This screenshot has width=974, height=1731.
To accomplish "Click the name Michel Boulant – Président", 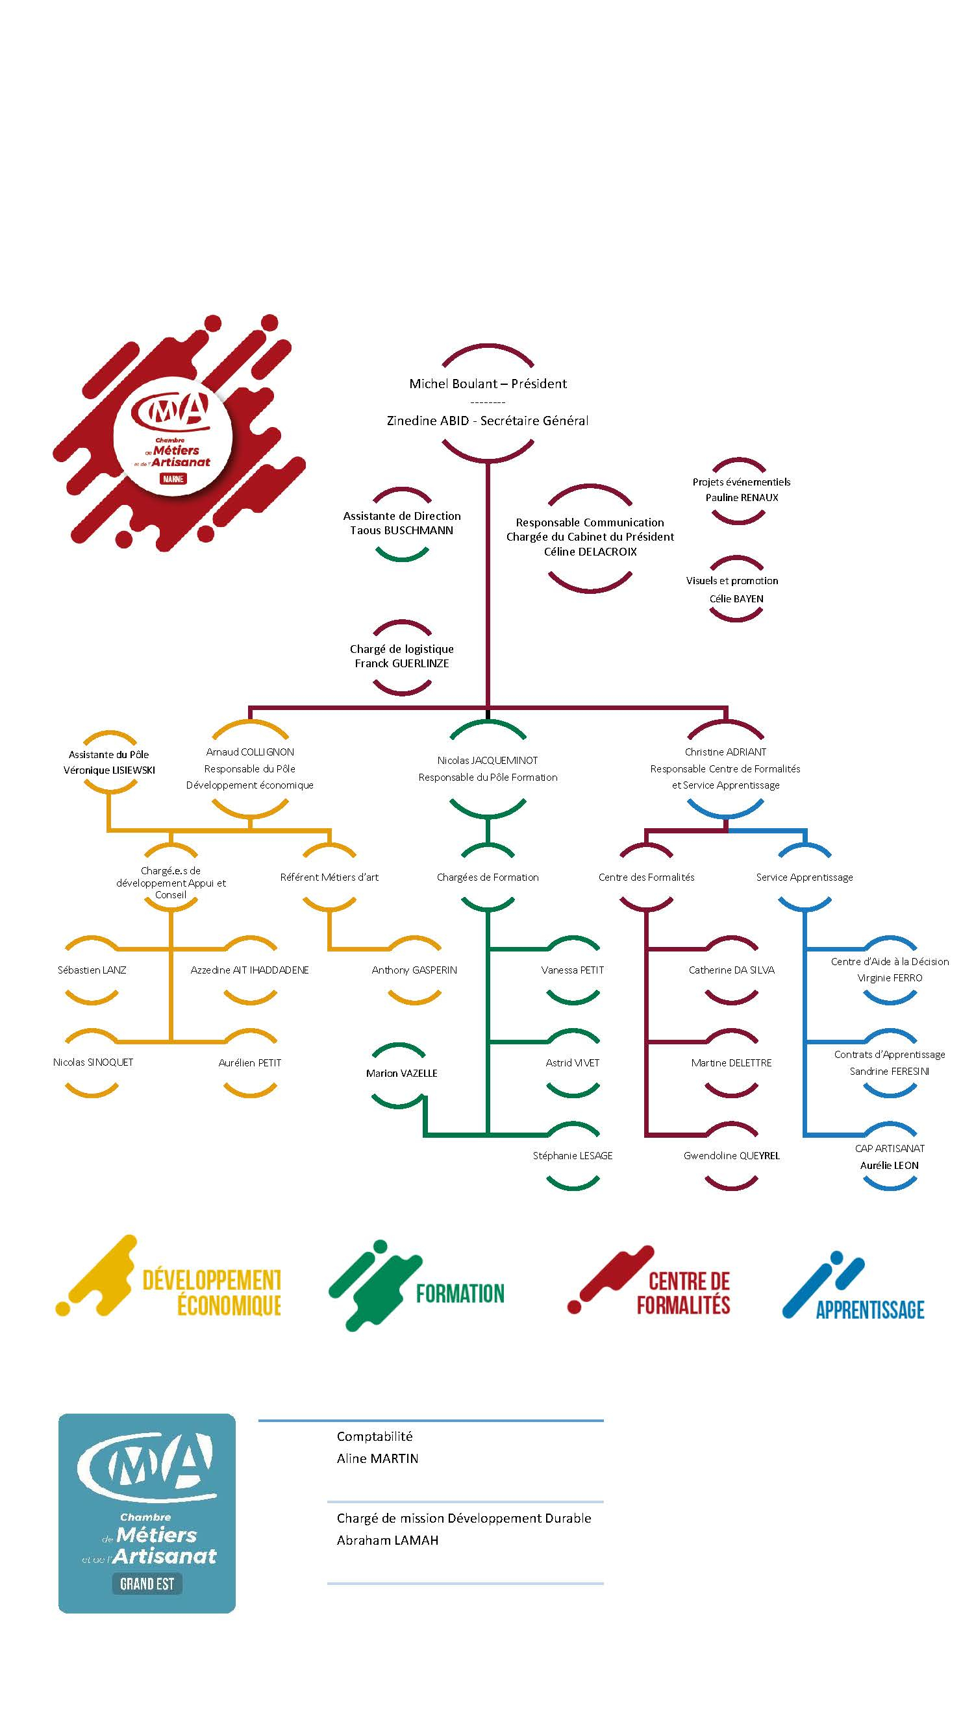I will (x=488, y=384).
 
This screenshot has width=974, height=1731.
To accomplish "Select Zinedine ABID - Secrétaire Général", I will (x=488, y=421).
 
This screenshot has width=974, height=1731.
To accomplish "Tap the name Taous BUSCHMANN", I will (x=401, y=530).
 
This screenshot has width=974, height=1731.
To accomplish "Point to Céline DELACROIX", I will (x=590, y=552).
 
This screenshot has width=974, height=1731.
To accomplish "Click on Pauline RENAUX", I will (x=742, y=498).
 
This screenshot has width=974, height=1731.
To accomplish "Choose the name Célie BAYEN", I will (x=736, y=598).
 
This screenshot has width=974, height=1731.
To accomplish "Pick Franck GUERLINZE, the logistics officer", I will (x=401, y=663).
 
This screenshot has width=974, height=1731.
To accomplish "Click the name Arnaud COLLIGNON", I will (x=249, y=752).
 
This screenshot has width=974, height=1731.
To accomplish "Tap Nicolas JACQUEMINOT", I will (x=488, y=761).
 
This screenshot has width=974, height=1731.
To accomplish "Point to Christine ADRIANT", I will (x=725, y=752).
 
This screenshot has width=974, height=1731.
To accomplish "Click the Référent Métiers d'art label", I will (x=329, y=877).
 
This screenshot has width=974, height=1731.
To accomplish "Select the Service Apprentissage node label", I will (x=804, y=877).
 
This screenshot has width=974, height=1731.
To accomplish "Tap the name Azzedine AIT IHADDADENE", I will (x=249, y=970).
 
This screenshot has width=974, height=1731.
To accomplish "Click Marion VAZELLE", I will (x=401, y=1073).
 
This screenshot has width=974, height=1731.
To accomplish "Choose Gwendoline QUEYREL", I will (x=731, y=1156).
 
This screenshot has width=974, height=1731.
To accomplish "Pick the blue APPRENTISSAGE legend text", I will (x=870, y=1310).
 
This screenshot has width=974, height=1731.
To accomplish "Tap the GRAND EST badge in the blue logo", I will (x=147, y=1584).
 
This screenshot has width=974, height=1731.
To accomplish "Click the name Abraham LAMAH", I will (x=387, y=1540).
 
